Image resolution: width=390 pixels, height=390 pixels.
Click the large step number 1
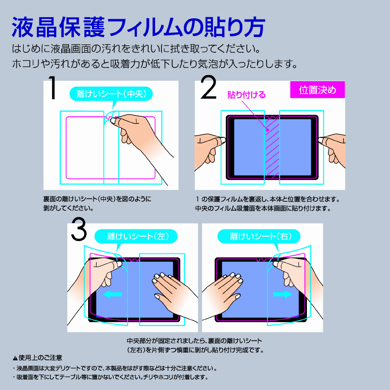[53, 87]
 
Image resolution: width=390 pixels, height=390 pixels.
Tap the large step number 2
[208, 87]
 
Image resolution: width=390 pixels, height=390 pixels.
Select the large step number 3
[79, 229]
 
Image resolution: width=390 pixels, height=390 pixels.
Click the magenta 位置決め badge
[317, 90]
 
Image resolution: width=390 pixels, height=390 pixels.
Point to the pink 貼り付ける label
[246, 95]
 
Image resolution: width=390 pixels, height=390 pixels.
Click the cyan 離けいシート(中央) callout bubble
[111, 94]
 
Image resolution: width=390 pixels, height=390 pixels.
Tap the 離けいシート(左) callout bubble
[136, 236]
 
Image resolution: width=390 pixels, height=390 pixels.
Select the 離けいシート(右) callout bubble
[259, 236]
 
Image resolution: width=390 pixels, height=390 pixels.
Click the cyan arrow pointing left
[112, 294]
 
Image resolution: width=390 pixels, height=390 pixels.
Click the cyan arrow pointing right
[283, 294]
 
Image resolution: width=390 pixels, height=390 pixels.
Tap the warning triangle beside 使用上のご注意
[15, 358]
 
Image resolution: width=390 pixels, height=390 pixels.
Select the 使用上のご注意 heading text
[40, 358]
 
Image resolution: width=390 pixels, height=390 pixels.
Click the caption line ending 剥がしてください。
[68, 208]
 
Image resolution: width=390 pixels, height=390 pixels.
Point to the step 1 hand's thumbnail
[113, 121]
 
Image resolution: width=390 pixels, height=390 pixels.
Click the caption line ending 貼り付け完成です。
[195, 350]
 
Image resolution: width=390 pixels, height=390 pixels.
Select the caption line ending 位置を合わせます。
[268, 199]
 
